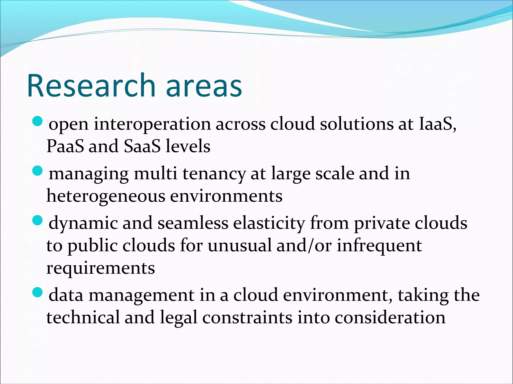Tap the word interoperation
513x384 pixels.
click(x=152, y=124)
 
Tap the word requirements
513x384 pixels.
click(x=101, y=268)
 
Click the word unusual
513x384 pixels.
click(x=239, y=246)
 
